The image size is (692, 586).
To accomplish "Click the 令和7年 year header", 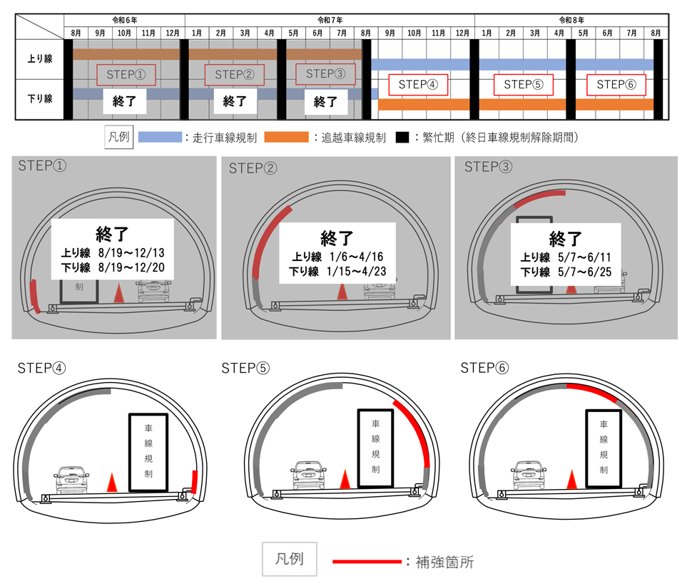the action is point(330,20).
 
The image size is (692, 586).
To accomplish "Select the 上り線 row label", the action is point(40,58).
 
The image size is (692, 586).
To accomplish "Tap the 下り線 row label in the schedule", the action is point(40,99).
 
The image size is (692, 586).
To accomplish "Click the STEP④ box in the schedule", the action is point(418,85).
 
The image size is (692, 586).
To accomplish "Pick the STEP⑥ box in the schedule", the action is point(616,85).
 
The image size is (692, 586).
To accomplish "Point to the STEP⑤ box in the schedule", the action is point(523,85).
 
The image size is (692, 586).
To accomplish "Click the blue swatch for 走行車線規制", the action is point(161,137).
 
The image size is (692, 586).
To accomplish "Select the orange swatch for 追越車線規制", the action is point(286,137).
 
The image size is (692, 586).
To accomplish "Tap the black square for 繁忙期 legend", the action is point(402,137).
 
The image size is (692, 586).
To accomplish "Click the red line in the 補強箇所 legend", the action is point(367,561).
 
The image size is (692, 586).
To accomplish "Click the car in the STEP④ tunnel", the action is point(71,479).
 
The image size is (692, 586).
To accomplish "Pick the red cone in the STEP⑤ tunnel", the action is point(345,479).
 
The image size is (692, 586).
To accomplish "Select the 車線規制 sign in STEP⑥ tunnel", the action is point(604,448).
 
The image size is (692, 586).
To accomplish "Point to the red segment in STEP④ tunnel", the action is point(194,482).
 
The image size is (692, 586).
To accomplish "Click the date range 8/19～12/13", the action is point(131,252).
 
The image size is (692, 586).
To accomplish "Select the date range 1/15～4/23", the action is point(356,271).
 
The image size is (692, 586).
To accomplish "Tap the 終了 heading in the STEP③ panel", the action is point(565,239).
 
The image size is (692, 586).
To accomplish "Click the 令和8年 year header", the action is point(571,20).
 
